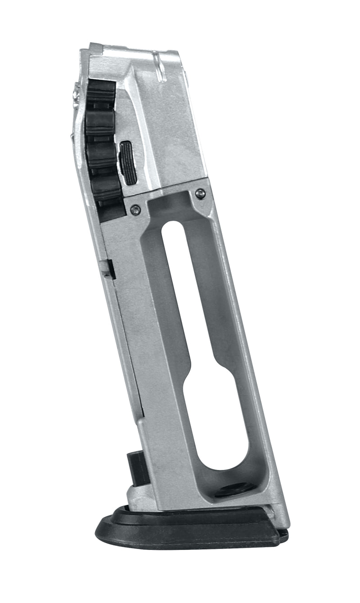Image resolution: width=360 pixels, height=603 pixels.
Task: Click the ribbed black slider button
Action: coord(129,163)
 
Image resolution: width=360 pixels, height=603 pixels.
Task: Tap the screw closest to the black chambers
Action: coord(135,209)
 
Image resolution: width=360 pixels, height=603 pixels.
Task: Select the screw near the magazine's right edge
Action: coord(200,194)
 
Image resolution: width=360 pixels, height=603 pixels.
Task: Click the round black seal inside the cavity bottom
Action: coord(234,489)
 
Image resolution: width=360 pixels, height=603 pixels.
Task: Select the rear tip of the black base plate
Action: coord(283,535)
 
